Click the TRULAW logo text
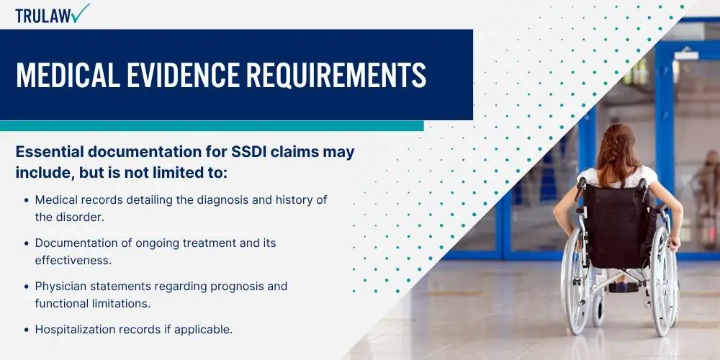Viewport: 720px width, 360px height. click(43, 14)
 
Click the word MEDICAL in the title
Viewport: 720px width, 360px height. click(63, 76)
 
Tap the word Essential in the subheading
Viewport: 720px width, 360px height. click(48, 153)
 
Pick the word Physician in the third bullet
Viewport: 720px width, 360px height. click(59, 286)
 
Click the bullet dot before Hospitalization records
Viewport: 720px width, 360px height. click(27, 330)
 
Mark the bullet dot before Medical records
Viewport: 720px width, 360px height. click(27, 200)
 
